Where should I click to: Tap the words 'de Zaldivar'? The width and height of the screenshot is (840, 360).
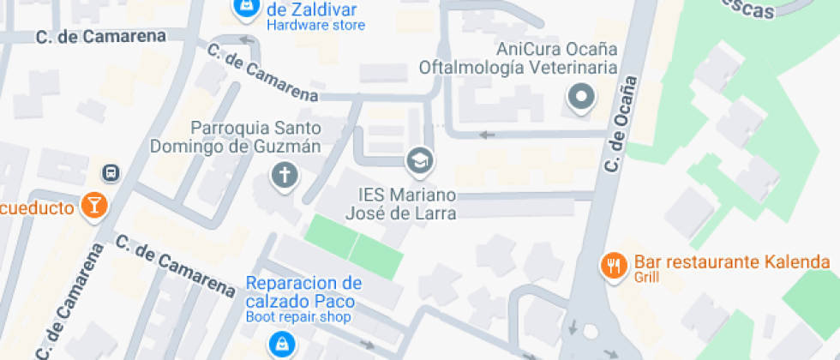312,9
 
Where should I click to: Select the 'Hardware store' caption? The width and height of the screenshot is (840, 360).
315,26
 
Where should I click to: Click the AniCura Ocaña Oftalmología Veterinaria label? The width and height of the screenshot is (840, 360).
517,57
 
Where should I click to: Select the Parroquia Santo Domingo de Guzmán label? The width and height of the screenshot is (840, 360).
236,137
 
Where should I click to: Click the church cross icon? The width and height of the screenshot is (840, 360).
284,177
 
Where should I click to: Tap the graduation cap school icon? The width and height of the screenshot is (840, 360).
419,159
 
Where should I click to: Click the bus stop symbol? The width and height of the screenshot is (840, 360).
111,173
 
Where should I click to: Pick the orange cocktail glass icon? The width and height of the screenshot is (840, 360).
93,205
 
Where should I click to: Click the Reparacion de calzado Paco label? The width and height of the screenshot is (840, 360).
304,291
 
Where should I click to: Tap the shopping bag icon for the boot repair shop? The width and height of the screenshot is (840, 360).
280,345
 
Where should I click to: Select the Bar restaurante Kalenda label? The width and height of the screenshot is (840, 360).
732,262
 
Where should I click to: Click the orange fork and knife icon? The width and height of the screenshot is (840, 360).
613,266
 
